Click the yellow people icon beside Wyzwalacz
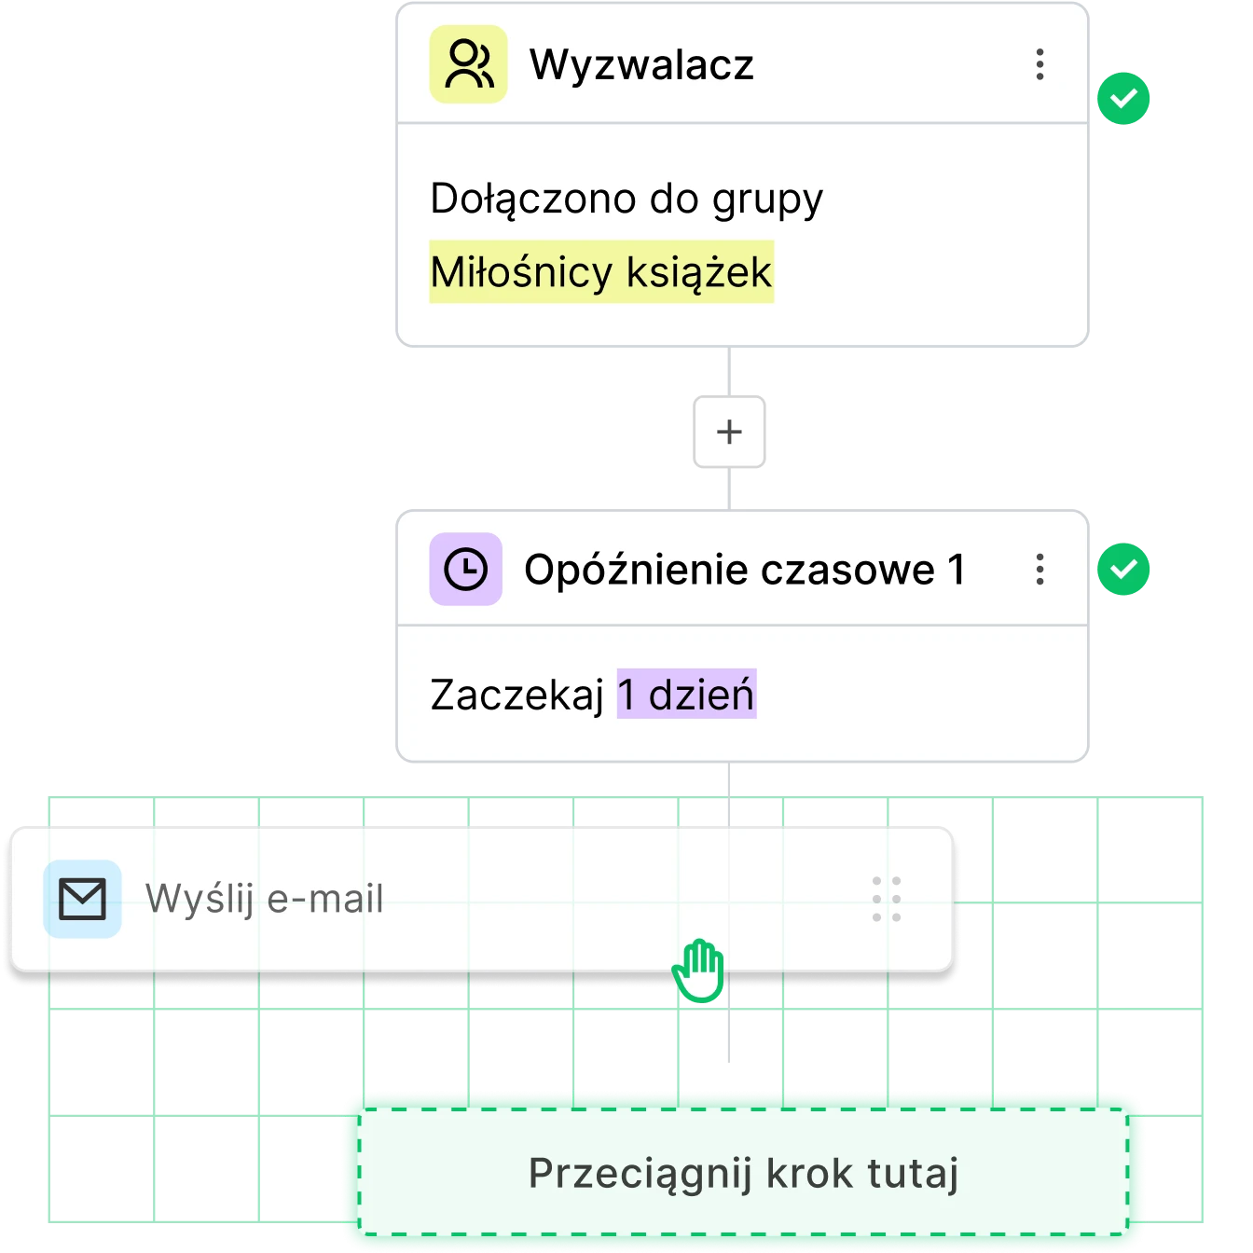pyautogui.click(x=468, y=64)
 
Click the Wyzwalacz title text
pyautogui.click(x=641, y=65)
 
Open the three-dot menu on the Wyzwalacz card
pyautogui.click(x=1040, y=64)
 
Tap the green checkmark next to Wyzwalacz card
pyautogui.click(x=1124, y=97)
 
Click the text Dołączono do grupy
pyautogui.click(x=626, y=199)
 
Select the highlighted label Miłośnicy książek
pyautogui.click(x=601, y=272)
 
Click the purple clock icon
pyautogui.click(x=465, y=569)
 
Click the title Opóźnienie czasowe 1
pyautogui.click(x=744, y=569)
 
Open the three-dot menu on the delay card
pyautogui.click(x=1040, y=569)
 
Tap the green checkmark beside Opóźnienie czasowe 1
pyautogui.click(x=1124, y=568)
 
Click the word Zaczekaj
pyautogui.click(x=516, y=695)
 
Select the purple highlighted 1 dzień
pyautogui.click(x=686, y=695)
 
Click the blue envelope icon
pyautogui.click(x=82, y=899)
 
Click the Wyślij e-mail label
pyautogui.click(x=265, y=899)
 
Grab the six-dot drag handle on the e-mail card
pyautogui.click(x=886, y=899)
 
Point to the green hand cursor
pyautogui.click(x=699, y=970)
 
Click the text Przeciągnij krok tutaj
pyautogui.click(x=743, y=1173)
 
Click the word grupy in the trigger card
pyautogui.click(x=767, y=200)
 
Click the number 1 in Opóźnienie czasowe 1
pyautogui.click(x=956, y=569)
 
